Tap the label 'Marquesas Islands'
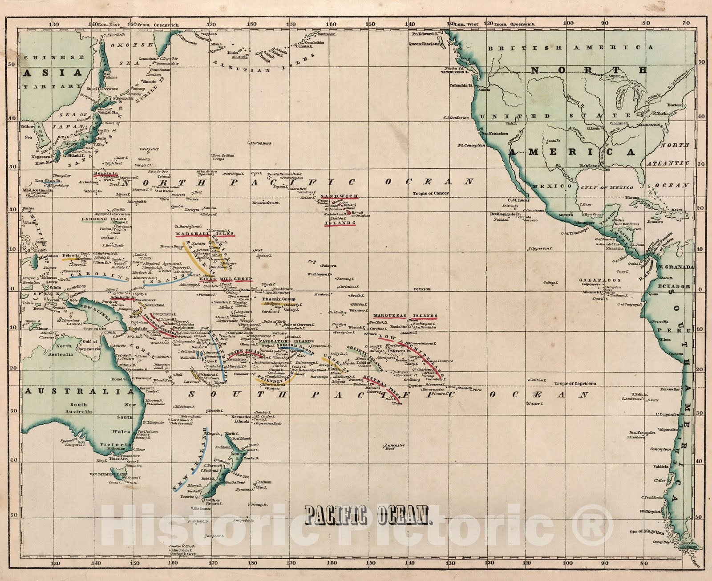[x=405, y=316]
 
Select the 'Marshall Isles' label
[x=204, y=233]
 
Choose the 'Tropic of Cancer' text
[x=431, y=193]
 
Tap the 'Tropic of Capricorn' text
[x=575, y=383]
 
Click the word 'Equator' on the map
[x=422, y=289]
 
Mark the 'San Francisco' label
[x=494, y=133]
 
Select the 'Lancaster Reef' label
[x=395, y=447]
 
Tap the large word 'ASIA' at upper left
[x=53, y=73]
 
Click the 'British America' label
[x=570, y=47]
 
